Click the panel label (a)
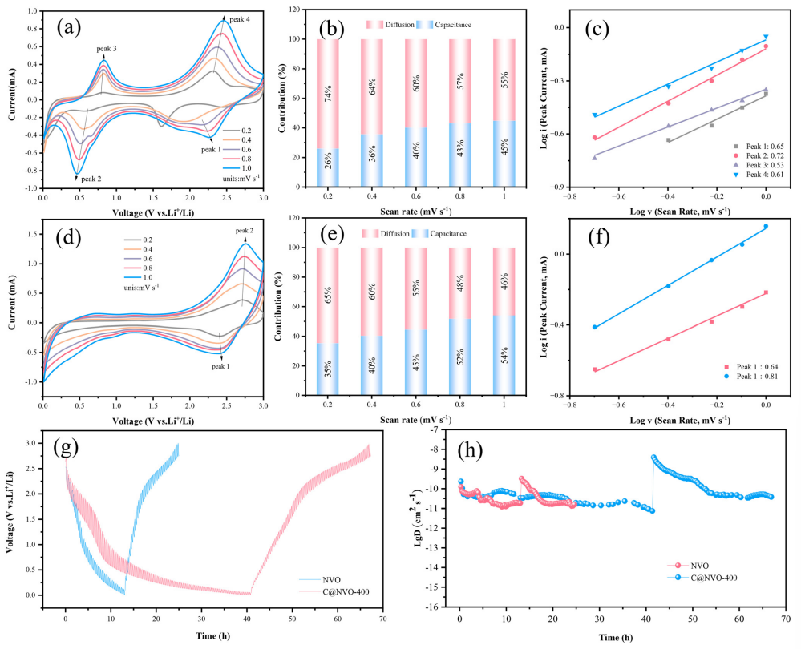(x=69, y=29)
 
